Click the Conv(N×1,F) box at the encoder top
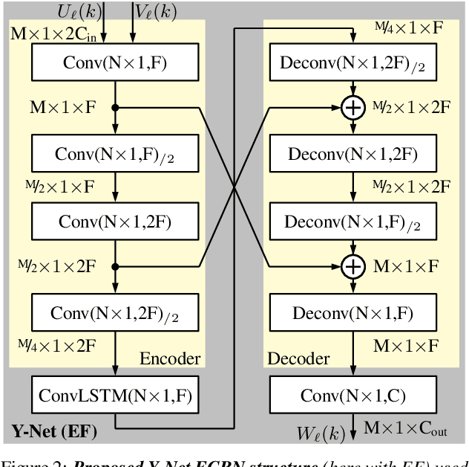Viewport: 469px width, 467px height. coord(115,62)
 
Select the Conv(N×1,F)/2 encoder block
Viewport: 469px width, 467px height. coord(115,155)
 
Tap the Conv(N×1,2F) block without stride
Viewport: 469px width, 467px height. coord(115,221)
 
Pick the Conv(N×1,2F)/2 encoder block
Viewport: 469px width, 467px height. coord(115,313)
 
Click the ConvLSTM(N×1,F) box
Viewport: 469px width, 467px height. coord(115,396)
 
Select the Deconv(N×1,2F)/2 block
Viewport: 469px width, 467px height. coord(352,62)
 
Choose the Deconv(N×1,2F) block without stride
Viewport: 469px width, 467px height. coord(352,155)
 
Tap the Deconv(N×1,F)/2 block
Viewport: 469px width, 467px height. coord(352,221)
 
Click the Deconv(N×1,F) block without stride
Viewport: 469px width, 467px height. coord(352,313)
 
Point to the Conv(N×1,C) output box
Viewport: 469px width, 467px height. coord(352,396)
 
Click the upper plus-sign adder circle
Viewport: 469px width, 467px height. coord(352,109)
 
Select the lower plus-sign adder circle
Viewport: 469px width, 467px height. coord(352,266)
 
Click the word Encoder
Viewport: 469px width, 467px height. coord(170,359)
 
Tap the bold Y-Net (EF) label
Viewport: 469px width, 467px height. coord(55,430)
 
